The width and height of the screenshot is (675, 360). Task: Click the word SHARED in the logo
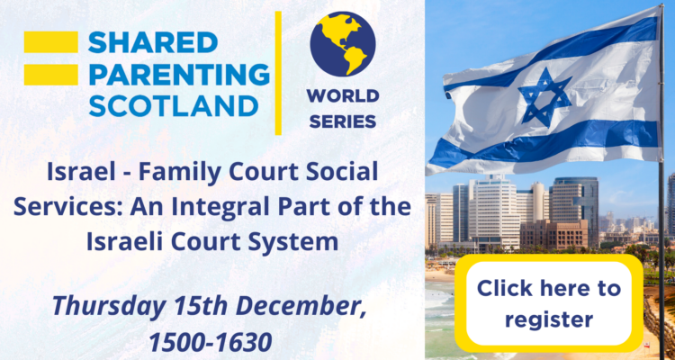pyautogui.click(x=153, y=42)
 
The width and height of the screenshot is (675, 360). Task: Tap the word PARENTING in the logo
pyautogui.click(x=179, y=74)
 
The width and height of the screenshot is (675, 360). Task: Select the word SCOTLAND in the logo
pyautogui.click(x=174, y=105)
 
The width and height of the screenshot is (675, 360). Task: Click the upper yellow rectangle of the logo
pyautogui.click(x=50, y=42)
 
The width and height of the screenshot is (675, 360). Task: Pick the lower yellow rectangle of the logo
pyautogui.click(x=50, y=75)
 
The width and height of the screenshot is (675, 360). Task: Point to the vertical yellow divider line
pyautogui.click(x=278, y=73)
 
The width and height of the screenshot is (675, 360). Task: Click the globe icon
pyautogui.click(x=343, y=44)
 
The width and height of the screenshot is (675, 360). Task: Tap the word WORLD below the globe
pyautogui.click(x=343, y=96)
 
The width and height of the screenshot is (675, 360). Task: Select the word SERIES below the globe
pyautogui.click(x=343, y=121)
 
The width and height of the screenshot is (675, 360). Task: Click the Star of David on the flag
pyautogui.click(x=545, y=97)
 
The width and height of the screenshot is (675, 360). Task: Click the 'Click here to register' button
pyautogui.click(x=549, y=303)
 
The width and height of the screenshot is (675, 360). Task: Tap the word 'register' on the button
pyautogui.click(x=549, y=319)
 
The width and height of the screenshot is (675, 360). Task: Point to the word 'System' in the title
pyautogui.click(x=300, y=243)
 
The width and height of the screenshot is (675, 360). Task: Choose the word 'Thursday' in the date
pyautogui.click(x=109, y=307)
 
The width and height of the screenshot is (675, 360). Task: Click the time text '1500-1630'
pyautogui.click(x=211, y=343)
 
